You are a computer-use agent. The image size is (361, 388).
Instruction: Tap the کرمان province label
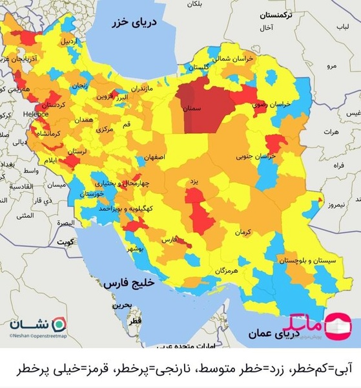point(242,231)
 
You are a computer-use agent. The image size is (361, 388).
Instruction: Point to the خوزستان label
point(93,193)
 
